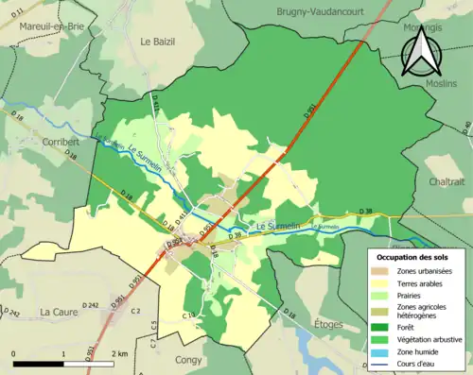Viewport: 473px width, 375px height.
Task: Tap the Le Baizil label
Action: tap(158, 42)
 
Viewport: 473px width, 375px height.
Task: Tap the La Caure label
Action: tap(59, 311)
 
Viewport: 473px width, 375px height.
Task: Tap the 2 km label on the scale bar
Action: tap(119, 353)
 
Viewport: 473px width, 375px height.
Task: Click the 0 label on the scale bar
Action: tap(14, 353)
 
